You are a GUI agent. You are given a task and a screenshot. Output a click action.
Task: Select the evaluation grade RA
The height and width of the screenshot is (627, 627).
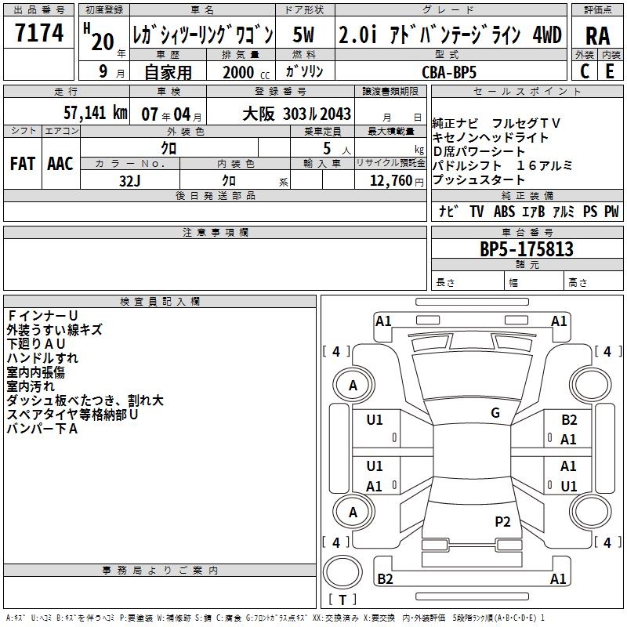597,35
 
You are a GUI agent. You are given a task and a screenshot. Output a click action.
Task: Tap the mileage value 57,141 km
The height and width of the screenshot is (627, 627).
85,113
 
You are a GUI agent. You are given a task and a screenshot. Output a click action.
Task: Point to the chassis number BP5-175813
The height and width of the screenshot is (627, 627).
526,249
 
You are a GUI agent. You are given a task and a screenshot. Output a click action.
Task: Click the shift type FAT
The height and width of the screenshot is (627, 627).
22,164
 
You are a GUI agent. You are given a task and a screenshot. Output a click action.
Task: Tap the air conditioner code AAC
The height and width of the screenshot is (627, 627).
60,164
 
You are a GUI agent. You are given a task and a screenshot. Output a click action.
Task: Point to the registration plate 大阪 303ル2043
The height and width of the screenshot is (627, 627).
297,114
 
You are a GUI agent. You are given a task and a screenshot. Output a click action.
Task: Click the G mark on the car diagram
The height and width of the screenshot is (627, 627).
495,413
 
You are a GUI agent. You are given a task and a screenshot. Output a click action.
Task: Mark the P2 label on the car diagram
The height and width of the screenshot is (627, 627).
502,521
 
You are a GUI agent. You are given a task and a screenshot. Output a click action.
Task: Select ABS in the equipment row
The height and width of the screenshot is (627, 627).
506,212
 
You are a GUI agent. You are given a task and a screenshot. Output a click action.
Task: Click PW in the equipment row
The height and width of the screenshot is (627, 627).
611,212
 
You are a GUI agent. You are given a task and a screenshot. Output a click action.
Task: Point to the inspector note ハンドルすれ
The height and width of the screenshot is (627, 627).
42,358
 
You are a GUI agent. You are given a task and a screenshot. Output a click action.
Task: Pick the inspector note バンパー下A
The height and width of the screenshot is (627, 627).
42,429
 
